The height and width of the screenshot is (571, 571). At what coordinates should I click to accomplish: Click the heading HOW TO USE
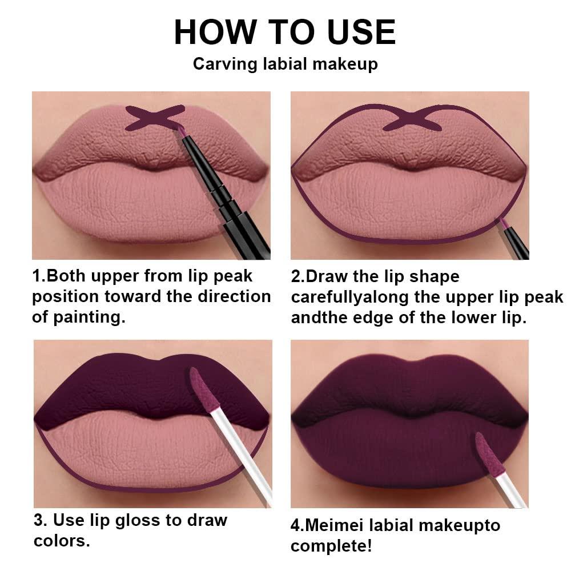tap(284, 32)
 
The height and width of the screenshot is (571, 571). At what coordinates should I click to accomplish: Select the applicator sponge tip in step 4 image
tap(485, 452)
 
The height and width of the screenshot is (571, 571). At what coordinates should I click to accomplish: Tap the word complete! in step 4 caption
tap(331, 546)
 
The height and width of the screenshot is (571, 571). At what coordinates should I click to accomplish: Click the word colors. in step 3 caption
tap(62, 541)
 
